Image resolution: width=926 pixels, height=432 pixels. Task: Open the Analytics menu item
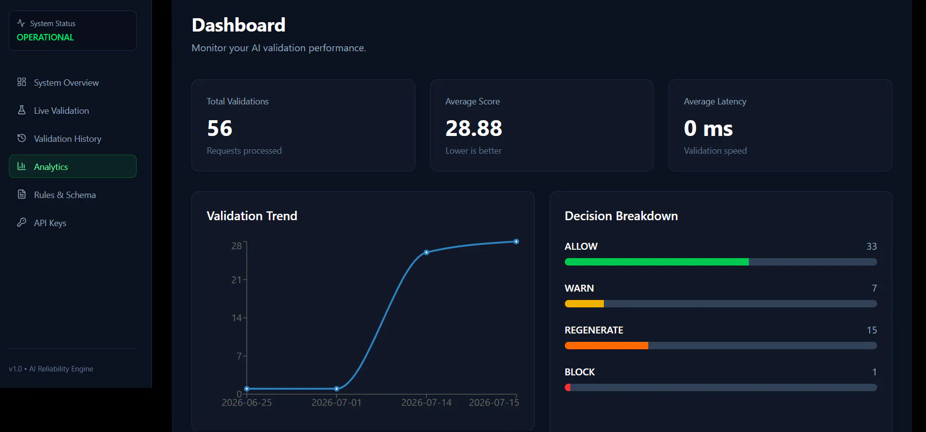point(73,166)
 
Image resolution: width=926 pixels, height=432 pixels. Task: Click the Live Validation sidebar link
point(61,111)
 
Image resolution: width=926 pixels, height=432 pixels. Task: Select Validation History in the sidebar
point(68,139)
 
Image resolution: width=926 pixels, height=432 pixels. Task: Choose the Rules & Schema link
point(65,195)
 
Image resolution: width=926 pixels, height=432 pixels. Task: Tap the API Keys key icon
point(22,223)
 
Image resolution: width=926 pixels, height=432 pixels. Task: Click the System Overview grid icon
point(22,82)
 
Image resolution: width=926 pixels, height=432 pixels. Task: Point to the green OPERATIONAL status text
point(45,37)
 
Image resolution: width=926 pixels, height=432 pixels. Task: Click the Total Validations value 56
point(220,129)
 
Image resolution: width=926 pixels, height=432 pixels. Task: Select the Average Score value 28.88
point(474,129)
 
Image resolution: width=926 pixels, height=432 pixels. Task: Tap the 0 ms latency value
point(708,129)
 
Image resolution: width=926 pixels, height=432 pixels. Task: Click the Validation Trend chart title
point(252,216)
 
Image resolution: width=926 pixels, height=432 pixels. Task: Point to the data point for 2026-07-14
point(427,252)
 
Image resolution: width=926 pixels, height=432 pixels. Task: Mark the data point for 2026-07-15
point(516,241)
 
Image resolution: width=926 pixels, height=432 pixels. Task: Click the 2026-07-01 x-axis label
point(336,402)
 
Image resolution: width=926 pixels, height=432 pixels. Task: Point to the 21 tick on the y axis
point(237,280)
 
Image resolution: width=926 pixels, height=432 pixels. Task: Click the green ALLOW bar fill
point(657,262)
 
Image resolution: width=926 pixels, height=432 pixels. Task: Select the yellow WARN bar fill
point(584,304)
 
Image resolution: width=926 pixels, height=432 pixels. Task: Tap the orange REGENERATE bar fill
point(606,346)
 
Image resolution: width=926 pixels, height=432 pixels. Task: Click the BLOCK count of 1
point(874,372)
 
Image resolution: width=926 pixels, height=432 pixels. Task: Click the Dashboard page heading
point(238,25)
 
